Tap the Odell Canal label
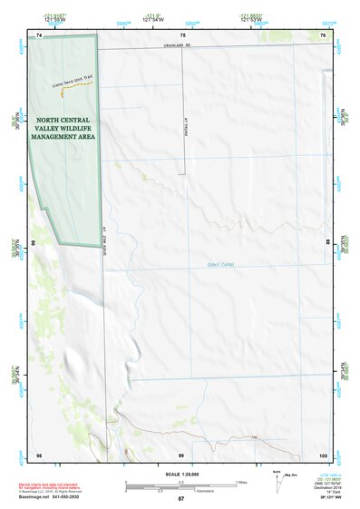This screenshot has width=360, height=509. [x=209, y=265]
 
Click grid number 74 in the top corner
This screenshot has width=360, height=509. [x=39, y=34]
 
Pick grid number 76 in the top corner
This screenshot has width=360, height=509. [x=322, y=34]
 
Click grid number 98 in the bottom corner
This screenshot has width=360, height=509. [x=39, y=454]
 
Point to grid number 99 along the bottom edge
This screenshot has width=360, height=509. [x=180, y=454]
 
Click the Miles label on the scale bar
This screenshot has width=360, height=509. [x=243, y=481]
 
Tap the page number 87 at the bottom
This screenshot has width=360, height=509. [x=180, y=500]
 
